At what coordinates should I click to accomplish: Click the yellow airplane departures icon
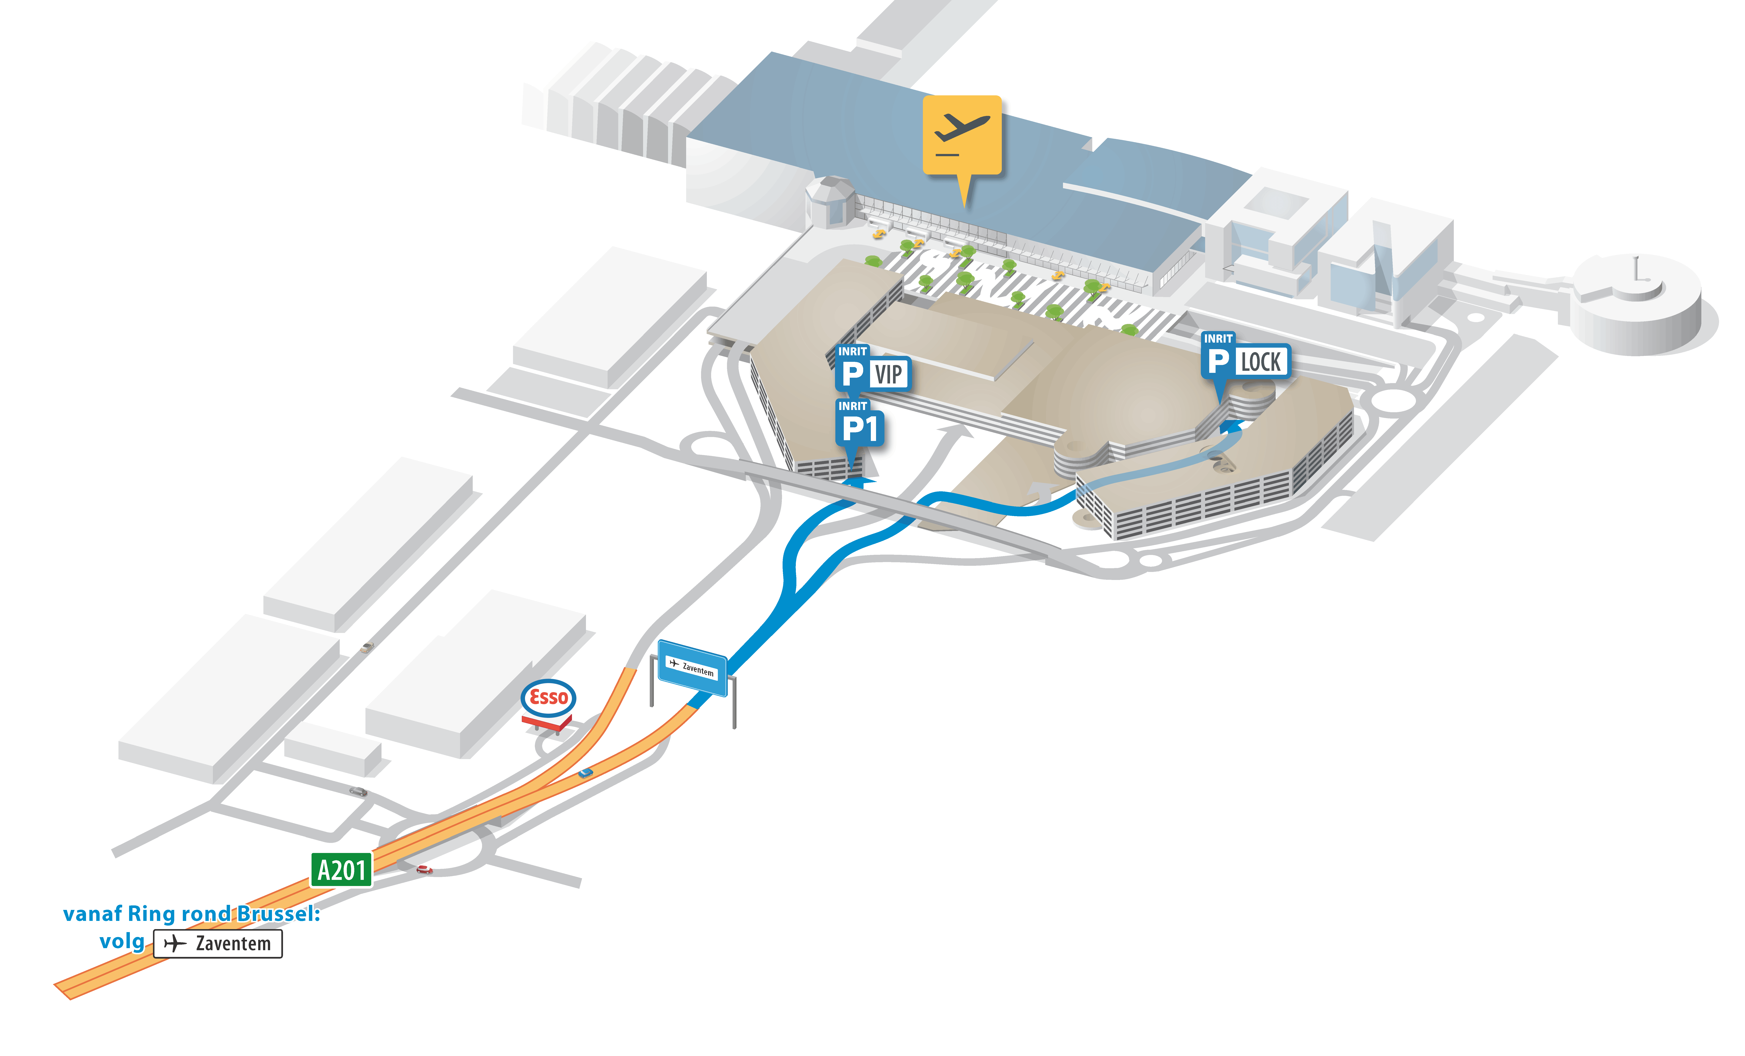pyautogui.click(x=962, y=135)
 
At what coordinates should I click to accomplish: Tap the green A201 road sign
pyautogui.click(x=341, y=870)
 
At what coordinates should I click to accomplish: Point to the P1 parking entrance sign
pyautogui.click(x=860, y=428)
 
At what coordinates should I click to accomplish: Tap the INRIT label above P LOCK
pyautogui.click(x=1218, y=339)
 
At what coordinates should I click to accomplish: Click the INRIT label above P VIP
pyautogui.click(x=853, y=351)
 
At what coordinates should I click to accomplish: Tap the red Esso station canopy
pyautogui.click(x=547, y=722)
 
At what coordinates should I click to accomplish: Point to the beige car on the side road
pyautogui.click(x=366, y=647)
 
